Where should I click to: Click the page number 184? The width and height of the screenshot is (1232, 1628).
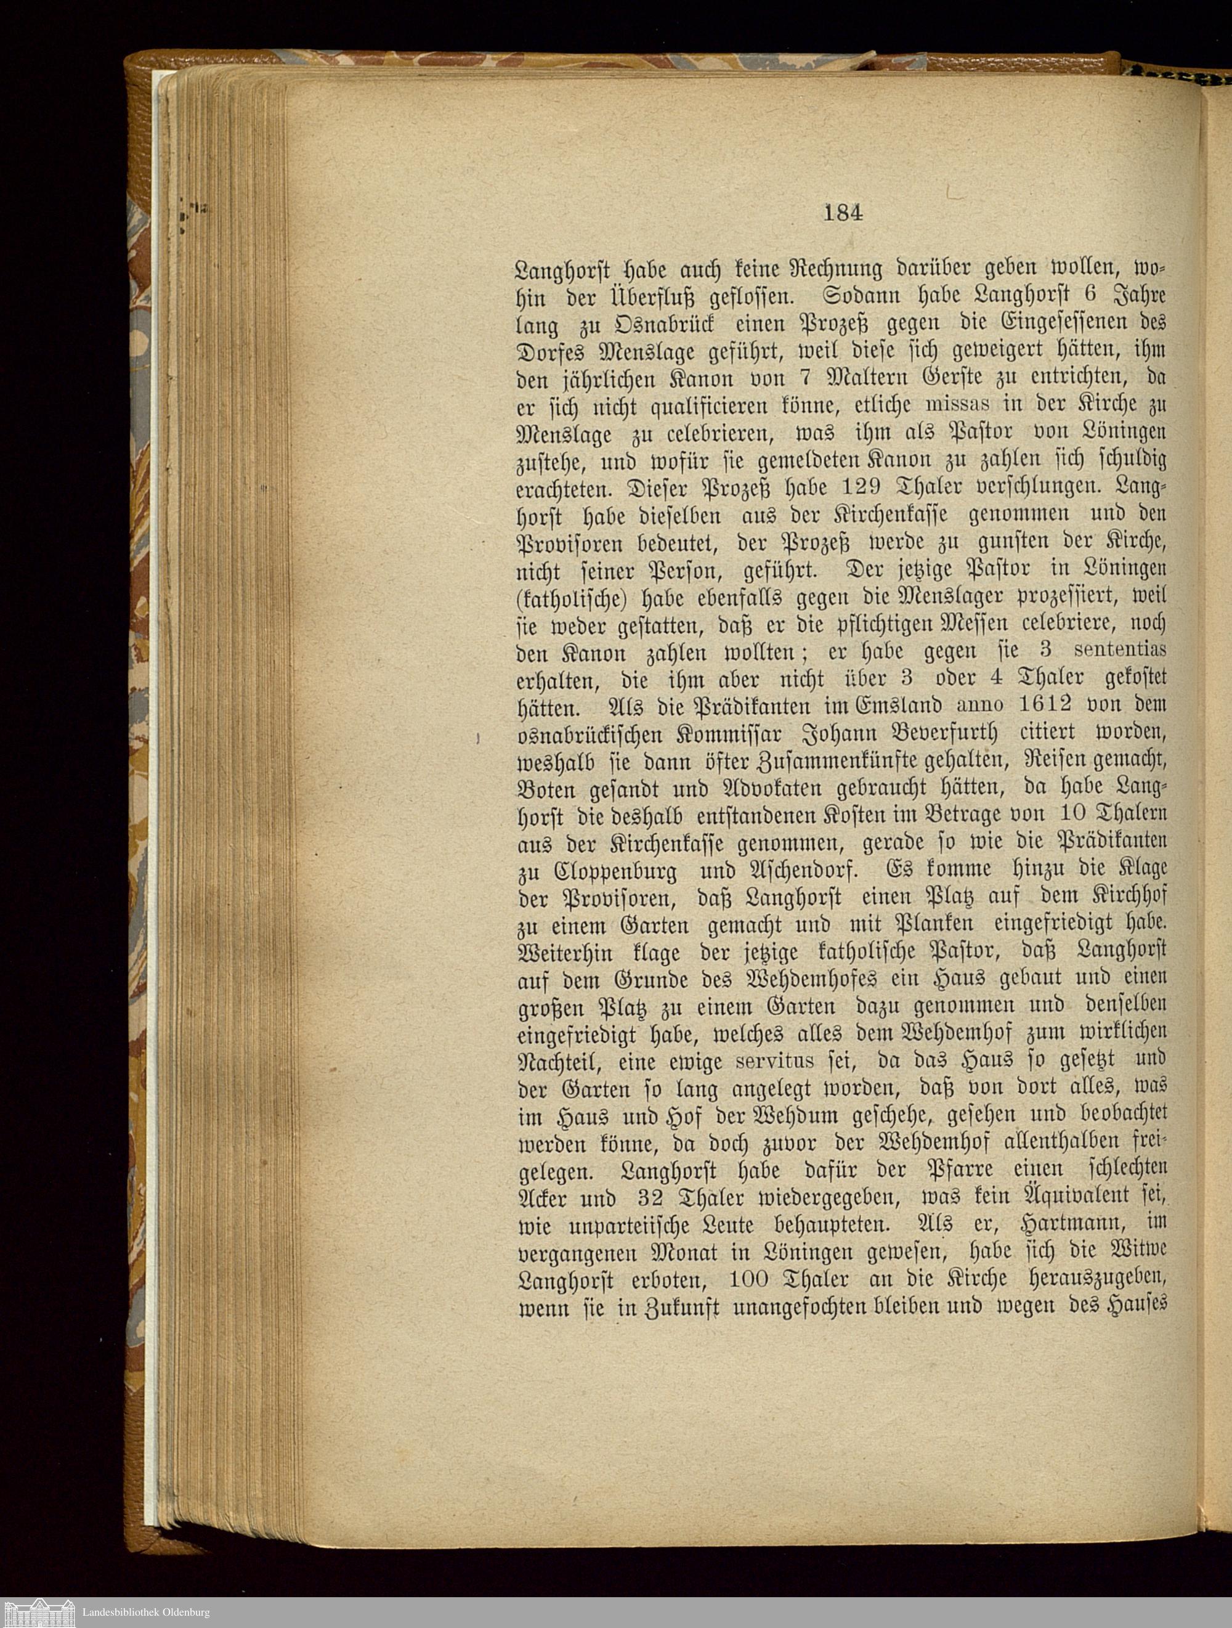843,212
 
